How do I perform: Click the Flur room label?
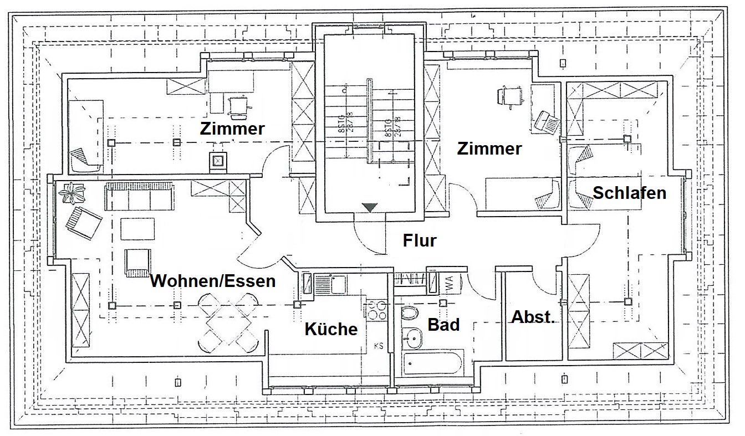pos(420,241)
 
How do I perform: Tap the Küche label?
pos(331,329)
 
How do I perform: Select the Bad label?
pos(443,325)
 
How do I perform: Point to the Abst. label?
pos(533,317)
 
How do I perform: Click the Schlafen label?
pos(629,193)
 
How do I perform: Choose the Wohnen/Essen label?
pos(213,281)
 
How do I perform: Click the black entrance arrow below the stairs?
pos(370,207)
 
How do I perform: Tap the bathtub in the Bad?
pos(432,363)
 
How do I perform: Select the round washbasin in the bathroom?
pos(412,335)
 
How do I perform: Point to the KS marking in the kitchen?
pos(379,346)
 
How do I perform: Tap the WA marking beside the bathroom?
pos(448,284)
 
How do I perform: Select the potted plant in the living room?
pos(72,193)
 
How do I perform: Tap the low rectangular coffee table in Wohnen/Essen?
pos(137,229)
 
